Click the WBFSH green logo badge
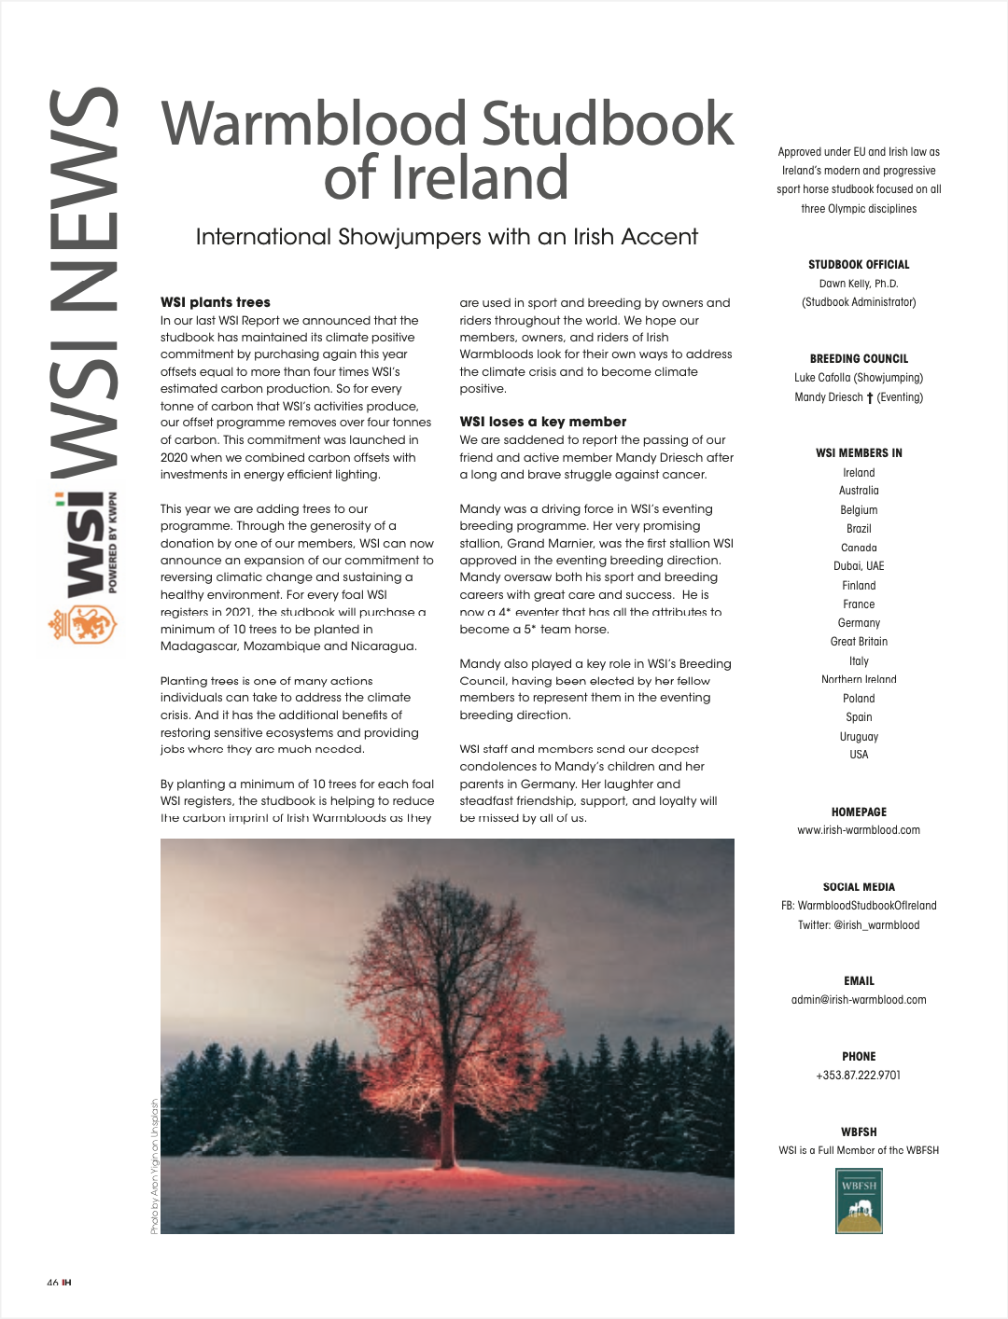coord(859,1201)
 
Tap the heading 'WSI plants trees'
coord(216,302)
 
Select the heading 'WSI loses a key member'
coord(542,422)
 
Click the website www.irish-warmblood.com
coord(859,830)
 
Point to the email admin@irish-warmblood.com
coord(859,1000)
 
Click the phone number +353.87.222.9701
coord(859,1076)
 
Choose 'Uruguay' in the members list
coord(859,736)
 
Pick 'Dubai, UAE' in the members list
coord(859,566)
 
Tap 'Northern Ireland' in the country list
coord(859,679)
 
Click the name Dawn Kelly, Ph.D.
coord(859,284)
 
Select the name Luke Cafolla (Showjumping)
coord(859,378)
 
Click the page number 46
coord(52,1283)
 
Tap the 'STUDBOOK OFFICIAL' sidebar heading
coord(859,265)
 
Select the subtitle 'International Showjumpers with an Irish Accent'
coord(446,237)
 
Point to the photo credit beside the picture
coord(154,1166)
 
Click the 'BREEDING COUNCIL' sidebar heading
coord(859,359)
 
